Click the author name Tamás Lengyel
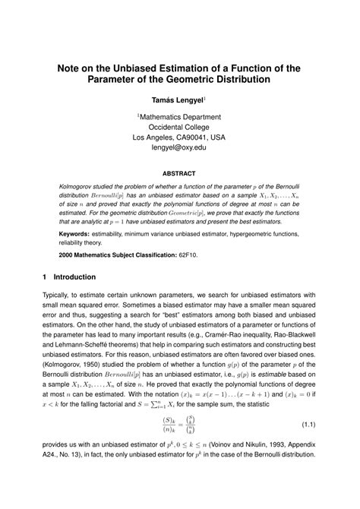(178, 100)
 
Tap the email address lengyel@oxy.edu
(179, 147)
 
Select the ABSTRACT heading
(179, 172)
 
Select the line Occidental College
(179, 127)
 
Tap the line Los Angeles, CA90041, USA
(179, 138)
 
